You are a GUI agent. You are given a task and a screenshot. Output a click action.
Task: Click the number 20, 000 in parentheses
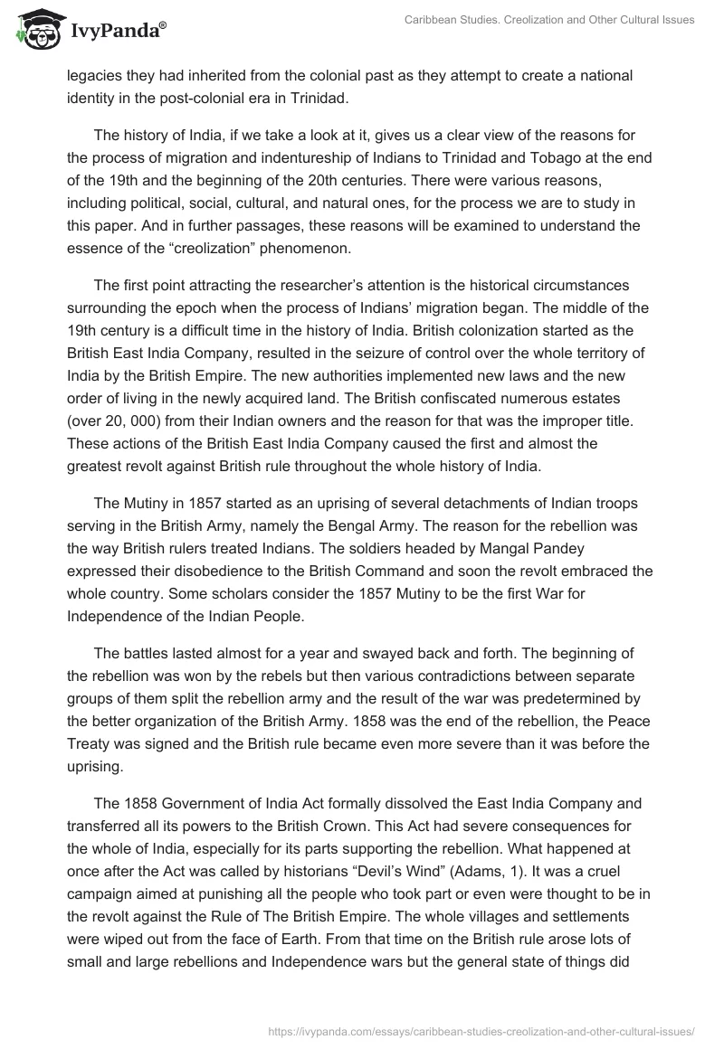coord(143,420)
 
